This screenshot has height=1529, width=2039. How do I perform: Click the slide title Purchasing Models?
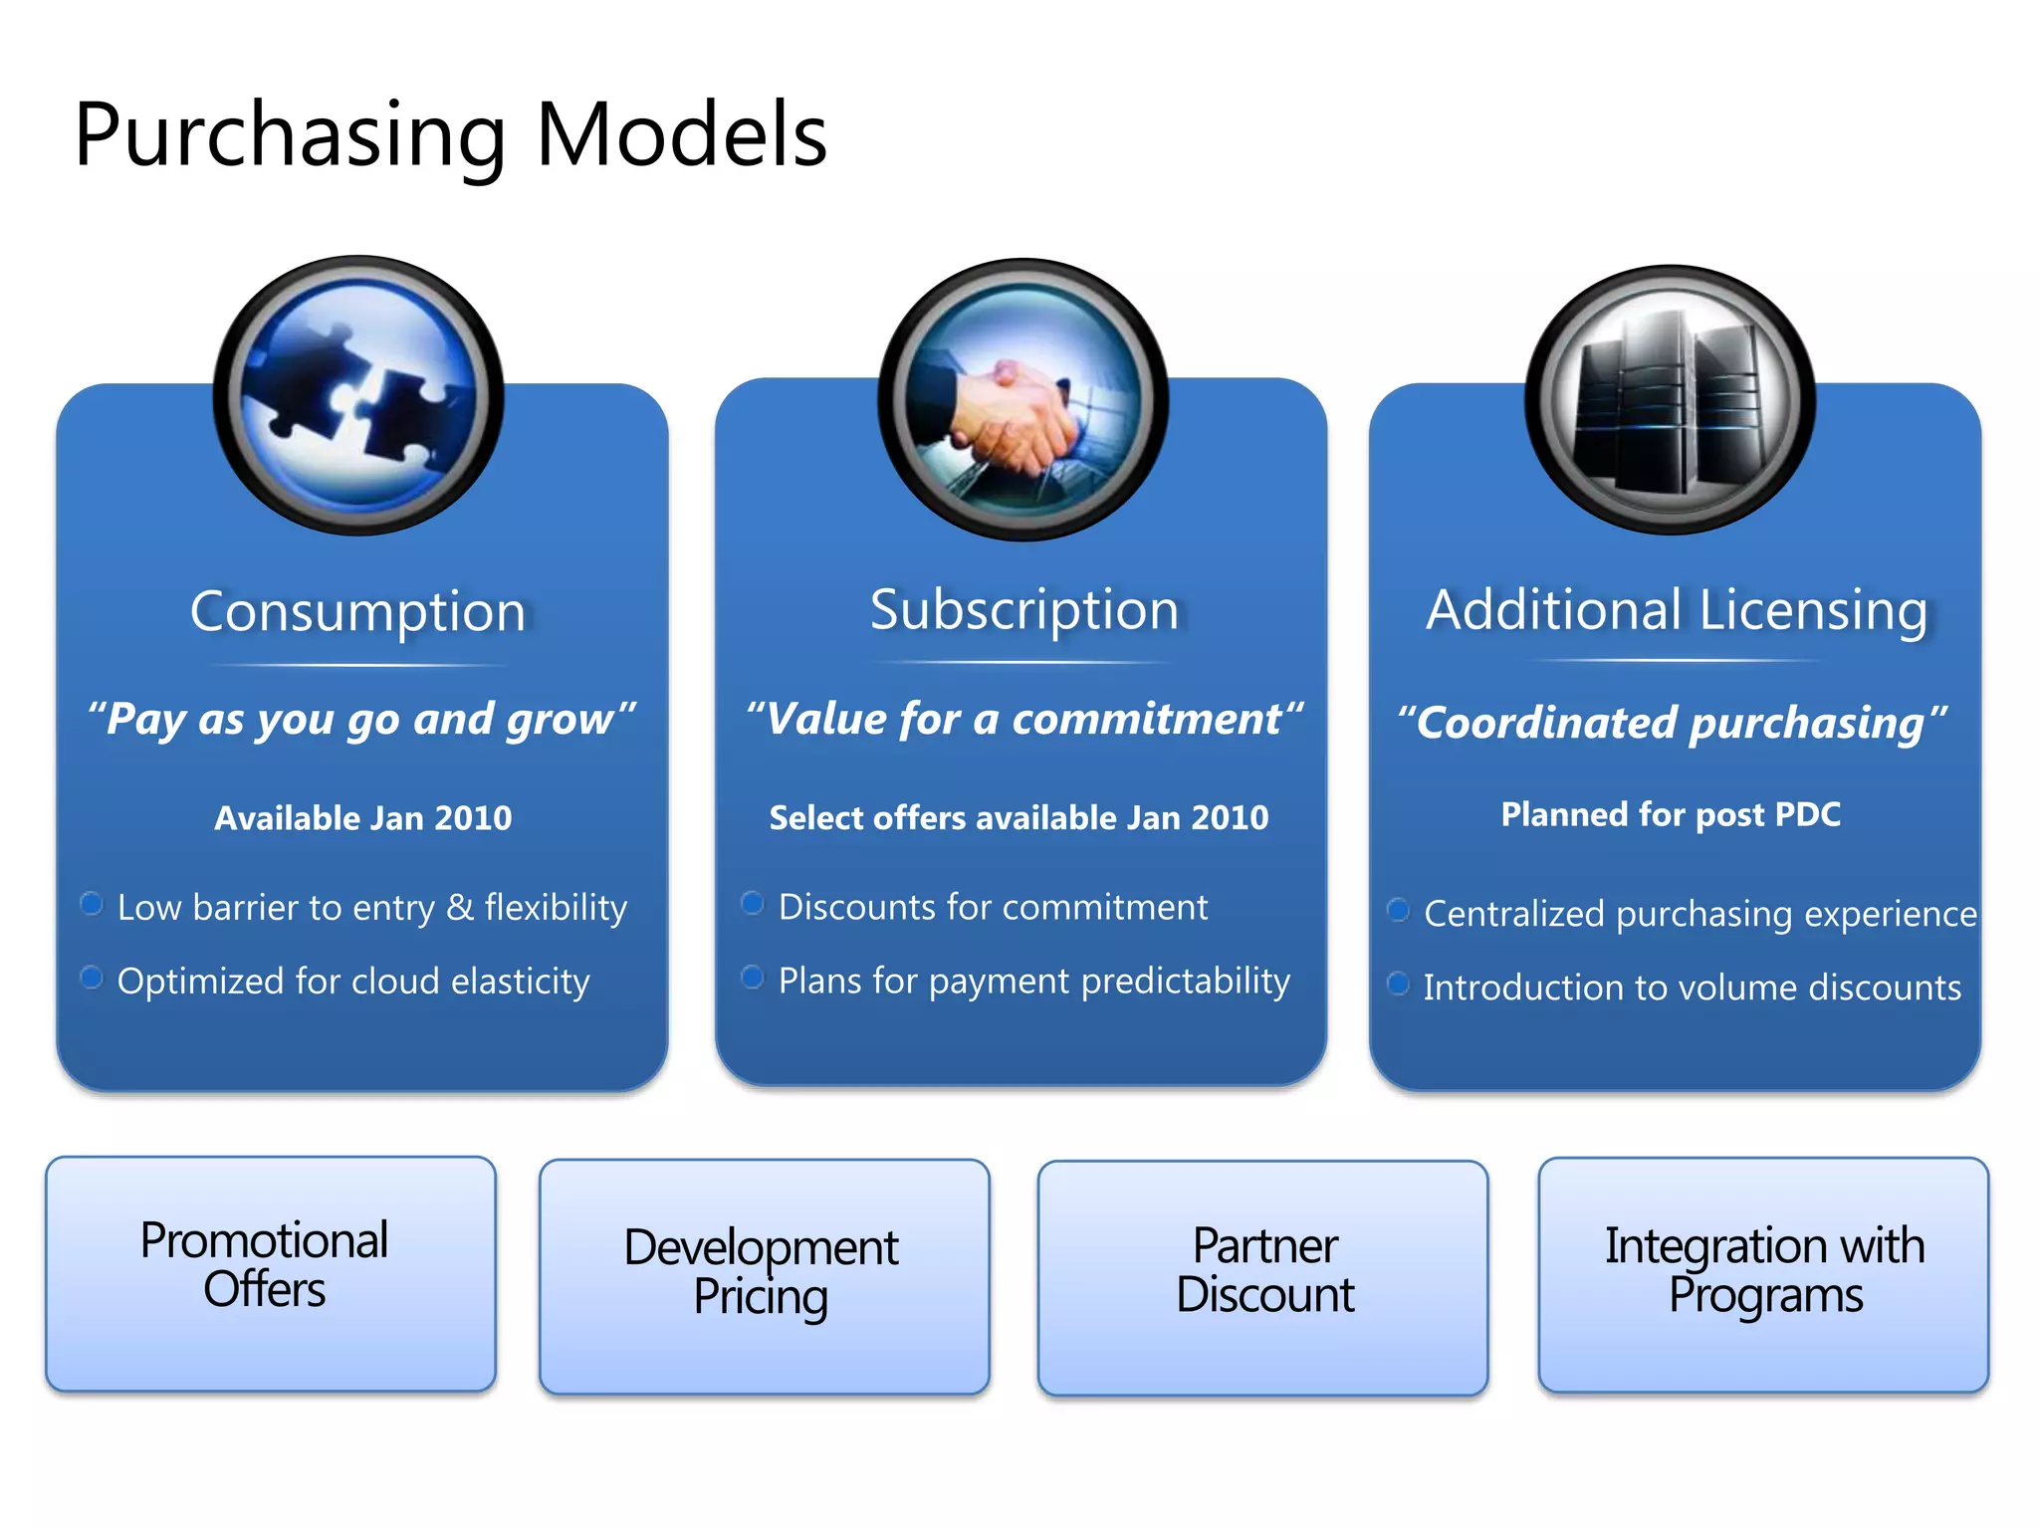pos(450,134)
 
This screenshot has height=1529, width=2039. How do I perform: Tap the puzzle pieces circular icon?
pos(358,395)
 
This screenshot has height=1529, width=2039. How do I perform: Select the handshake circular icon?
pos(1022,399)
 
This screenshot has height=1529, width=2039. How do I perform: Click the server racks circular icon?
pos(1670,399)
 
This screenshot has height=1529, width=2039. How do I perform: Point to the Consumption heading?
pos(358,611)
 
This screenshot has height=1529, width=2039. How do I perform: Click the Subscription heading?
pos(1024,609)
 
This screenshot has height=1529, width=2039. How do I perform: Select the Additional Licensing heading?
pos(1677,609)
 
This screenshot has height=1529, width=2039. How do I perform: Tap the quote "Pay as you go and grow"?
pos(361,719)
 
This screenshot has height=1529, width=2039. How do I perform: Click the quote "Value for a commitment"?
pos(1024,719)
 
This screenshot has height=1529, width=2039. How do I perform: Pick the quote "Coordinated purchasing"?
pos(1672,722)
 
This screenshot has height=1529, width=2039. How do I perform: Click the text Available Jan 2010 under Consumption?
pos(362,818)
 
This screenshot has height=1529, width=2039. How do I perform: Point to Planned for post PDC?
pos(1671,814)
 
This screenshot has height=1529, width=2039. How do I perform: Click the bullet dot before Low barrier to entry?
pos(92,904)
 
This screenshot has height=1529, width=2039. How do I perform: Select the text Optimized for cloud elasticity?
pos(353,982)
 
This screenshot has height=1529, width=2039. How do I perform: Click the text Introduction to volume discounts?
pos(1692,987)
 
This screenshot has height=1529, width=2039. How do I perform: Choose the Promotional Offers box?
pos(270,1273)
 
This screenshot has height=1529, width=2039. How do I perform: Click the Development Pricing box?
pos(764,1276)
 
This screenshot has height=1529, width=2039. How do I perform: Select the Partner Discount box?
pos(1262,1277)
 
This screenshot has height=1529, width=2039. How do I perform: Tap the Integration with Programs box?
pos(1763,1274)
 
